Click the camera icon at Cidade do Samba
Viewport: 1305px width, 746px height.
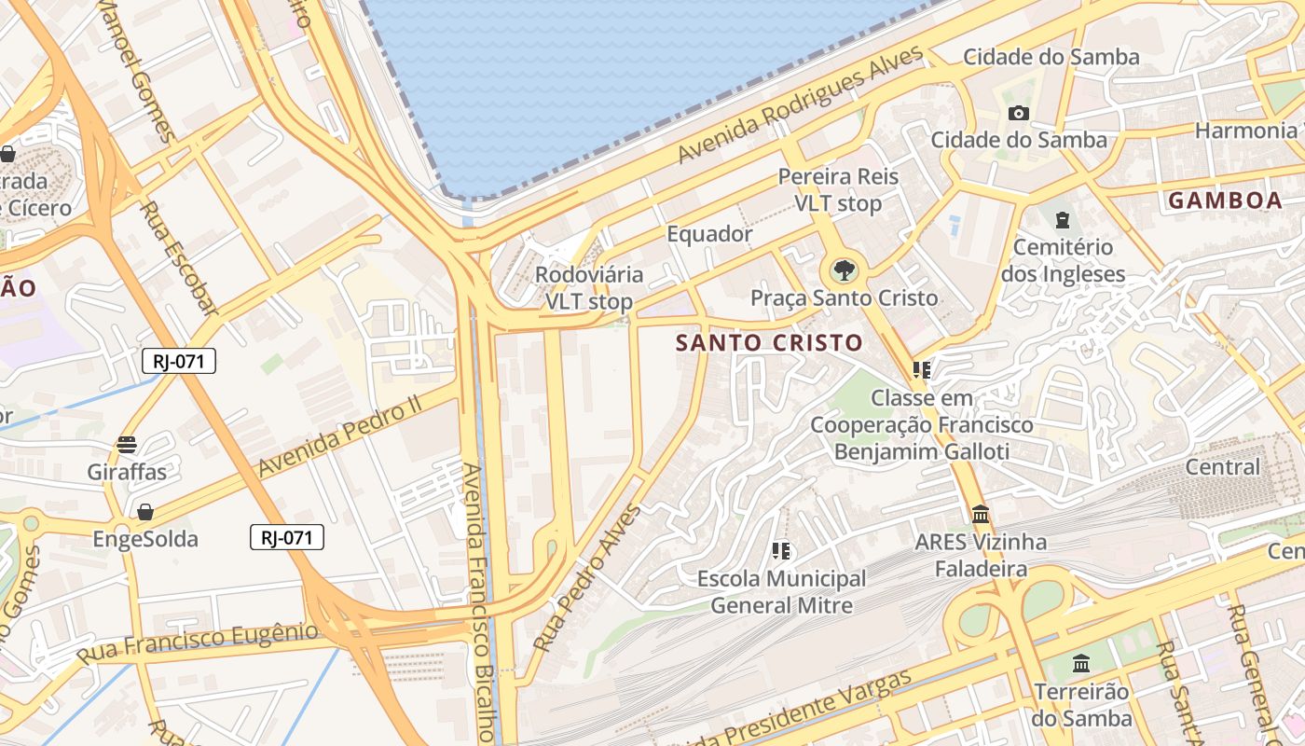1019,113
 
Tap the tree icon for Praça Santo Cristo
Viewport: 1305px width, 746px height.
845,271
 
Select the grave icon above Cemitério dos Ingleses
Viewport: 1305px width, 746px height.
1063,220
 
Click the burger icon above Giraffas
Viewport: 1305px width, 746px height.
127,445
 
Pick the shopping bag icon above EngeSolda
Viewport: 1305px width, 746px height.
145,512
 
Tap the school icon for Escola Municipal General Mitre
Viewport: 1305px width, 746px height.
781,551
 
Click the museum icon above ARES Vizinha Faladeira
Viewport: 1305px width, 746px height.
981,514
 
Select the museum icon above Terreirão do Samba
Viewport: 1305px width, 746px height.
1081,664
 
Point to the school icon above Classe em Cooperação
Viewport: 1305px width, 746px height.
922,370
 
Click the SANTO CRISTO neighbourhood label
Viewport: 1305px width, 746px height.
769,343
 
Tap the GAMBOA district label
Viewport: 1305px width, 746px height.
1225,200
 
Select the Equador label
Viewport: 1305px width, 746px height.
709,234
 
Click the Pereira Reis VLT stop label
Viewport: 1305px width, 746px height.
838,189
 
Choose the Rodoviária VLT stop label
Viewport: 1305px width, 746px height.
588,288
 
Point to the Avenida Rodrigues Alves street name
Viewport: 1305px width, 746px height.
802,104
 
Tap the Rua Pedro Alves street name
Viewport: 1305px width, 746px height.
587,577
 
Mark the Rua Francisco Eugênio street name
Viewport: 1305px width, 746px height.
197,643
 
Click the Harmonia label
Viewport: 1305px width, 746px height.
1244,130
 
